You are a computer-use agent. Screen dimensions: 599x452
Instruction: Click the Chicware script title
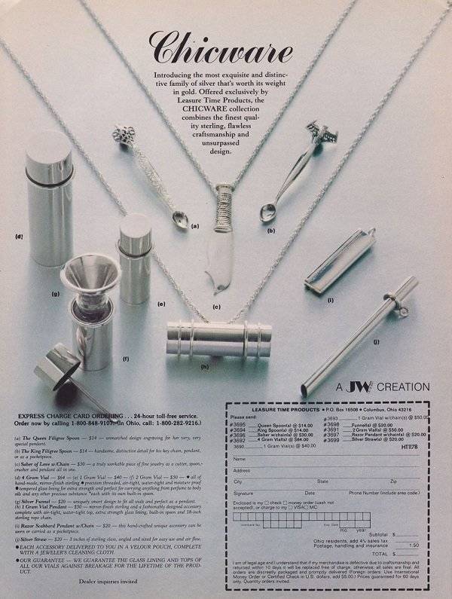[x=221, y=47]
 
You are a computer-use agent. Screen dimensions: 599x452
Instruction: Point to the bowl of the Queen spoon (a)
[x=179, y=220]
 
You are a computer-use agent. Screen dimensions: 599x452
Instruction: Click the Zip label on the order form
[x=392, y=480]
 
